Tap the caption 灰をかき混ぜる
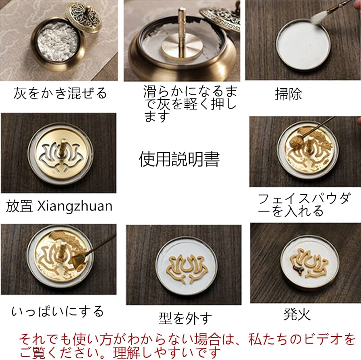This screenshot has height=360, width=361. (60, 93)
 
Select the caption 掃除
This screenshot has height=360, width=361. (288, 94)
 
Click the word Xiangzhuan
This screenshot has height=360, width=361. (75, 206)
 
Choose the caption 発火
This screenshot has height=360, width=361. (298, 314)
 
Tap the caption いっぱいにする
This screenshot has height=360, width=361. (57, 311)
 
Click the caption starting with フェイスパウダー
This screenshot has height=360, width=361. (303, 205)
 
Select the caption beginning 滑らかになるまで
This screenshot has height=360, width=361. (190, 104)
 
